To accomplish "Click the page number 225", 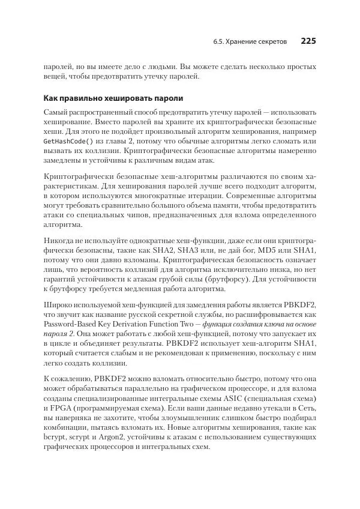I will click(308, 41).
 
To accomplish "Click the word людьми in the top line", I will click(144, 66).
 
